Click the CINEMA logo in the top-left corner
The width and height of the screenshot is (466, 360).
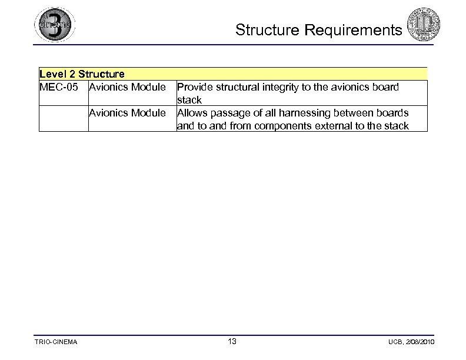pyautogui.click(x=54, y=25)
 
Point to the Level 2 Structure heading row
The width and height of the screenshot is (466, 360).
pyautogui.click(x=82, y=74)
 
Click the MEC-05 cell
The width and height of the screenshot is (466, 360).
pyautogui.click(x=59, y=87)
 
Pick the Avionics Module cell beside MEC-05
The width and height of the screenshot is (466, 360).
pyautogui.click(x=127, y=87)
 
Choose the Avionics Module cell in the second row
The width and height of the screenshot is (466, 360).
pyautogui.click(x=127, y=112)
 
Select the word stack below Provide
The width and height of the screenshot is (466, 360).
pyautogui.click(x=189, y=100)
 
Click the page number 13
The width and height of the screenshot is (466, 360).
pyautogui.click(x=232, y=341)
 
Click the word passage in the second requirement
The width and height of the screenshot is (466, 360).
pyautogui.click(x=234, y=112)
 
